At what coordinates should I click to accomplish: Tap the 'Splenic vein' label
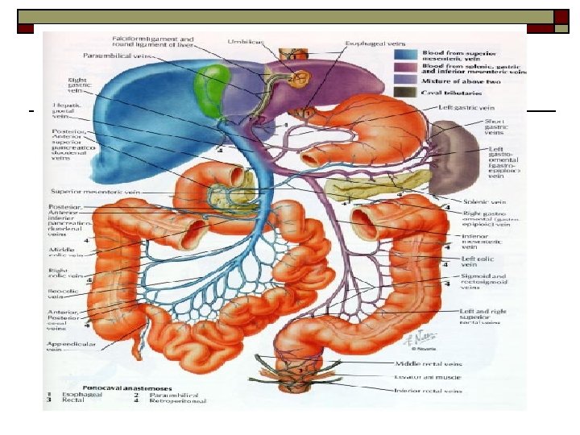pyautogui.click(x=483, y=201)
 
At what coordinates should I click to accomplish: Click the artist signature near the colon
pyautogui.click(x=414, y=343)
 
